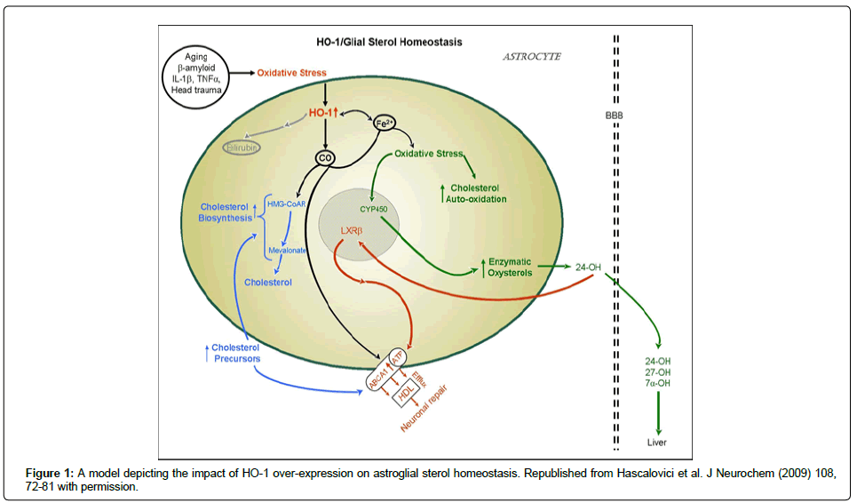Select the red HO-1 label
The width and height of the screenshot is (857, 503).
click(327, 114)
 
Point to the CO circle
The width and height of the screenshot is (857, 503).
click(325, 157)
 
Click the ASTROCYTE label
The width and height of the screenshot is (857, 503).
click(532, 56)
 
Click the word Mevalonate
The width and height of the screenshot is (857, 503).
click(286, 251)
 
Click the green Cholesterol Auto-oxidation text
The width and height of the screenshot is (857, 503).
click(478, 193)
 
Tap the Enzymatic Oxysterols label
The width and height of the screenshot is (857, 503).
click(510, 267)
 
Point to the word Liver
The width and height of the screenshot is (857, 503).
click(657, 442)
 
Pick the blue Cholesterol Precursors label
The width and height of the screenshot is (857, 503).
click(235, 353)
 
